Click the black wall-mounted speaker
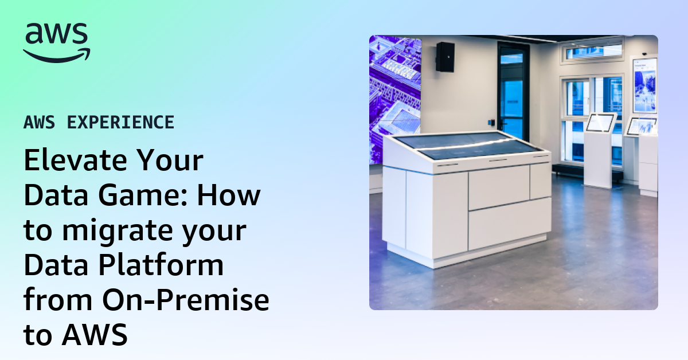tap(445, 57)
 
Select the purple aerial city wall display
tap(394, 97)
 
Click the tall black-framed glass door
tap(511, 92)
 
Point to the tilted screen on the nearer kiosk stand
tap(599, 122)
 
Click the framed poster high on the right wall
tap(644, 84)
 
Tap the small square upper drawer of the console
tap(540, 181)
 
